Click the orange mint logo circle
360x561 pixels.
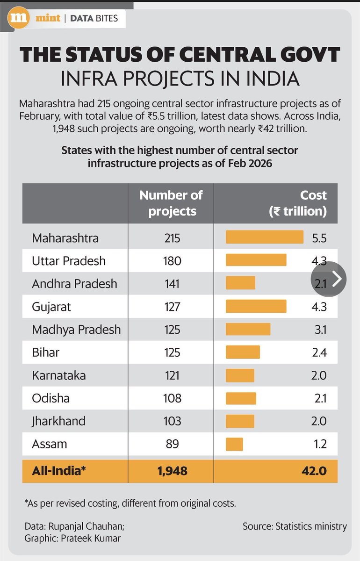18,18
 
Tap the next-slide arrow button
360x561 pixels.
328,279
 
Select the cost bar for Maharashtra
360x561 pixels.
265,237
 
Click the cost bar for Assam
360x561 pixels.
234,444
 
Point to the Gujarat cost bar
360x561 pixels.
256,306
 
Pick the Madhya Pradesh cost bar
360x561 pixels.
248,329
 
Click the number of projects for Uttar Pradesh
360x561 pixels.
172,261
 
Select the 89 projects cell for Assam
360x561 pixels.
173,444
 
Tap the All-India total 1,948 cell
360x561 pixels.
173,471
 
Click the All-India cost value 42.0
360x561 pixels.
314,471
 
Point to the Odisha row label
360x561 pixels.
51,398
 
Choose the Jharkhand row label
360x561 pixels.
58,421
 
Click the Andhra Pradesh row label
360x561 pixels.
75,284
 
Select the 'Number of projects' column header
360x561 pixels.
171,203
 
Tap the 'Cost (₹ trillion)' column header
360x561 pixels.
298,203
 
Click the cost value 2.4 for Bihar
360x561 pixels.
319,352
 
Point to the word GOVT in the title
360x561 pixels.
310,54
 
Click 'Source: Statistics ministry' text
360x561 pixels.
295,526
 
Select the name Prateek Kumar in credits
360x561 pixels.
91,538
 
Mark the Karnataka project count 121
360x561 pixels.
172,375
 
